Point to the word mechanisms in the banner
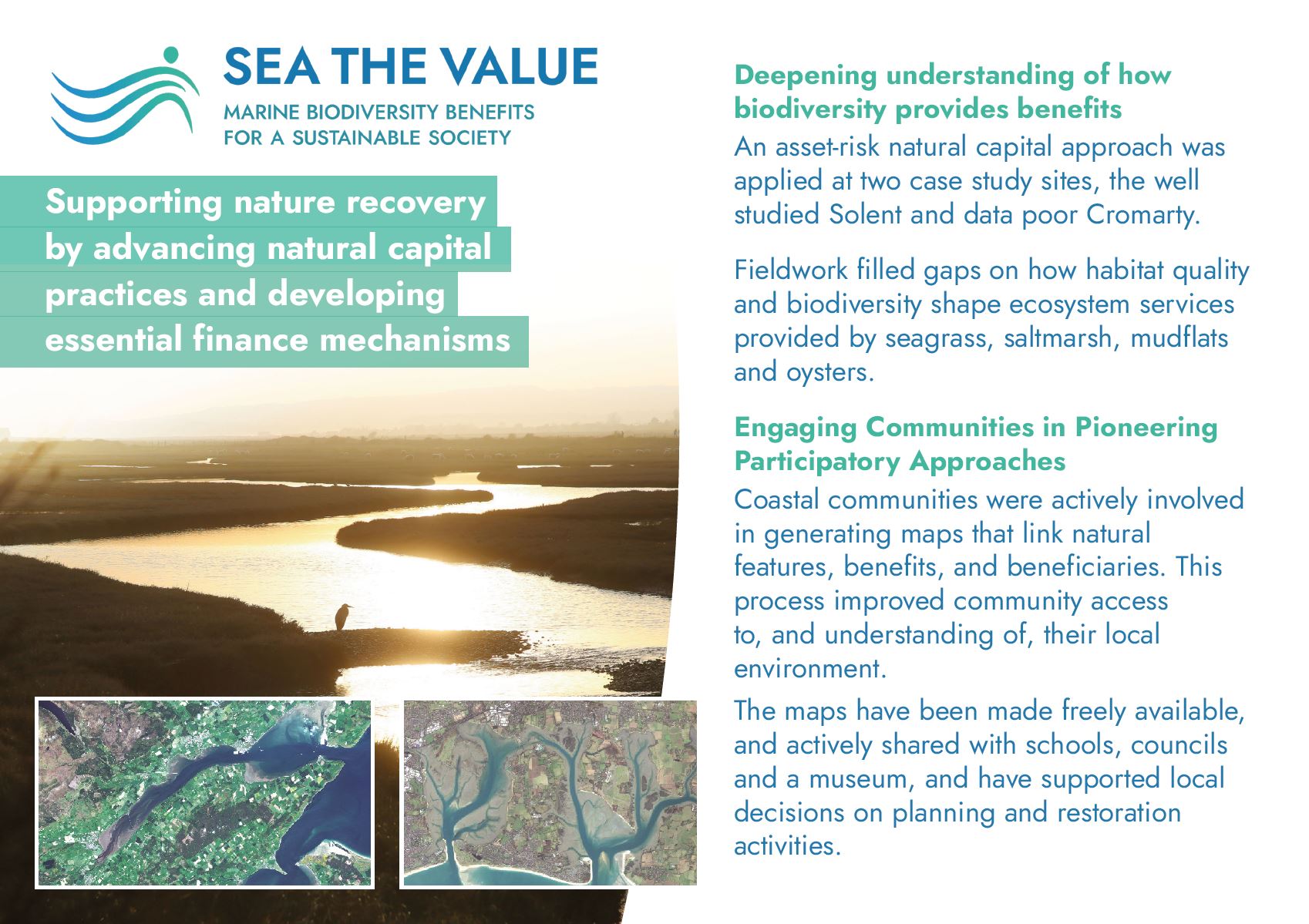click(x=415, y=339)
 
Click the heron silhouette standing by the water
click(x=343, y=617)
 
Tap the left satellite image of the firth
click(x=204, y=792)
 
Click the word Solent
click(x=865, y=214)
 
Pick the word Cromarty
click(x=1142, y=216)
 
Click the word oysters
click(x=829, y=373)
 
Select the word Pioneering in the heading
click(x=1146, y=428)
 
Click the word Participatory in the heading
click(x=817, y=462)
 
